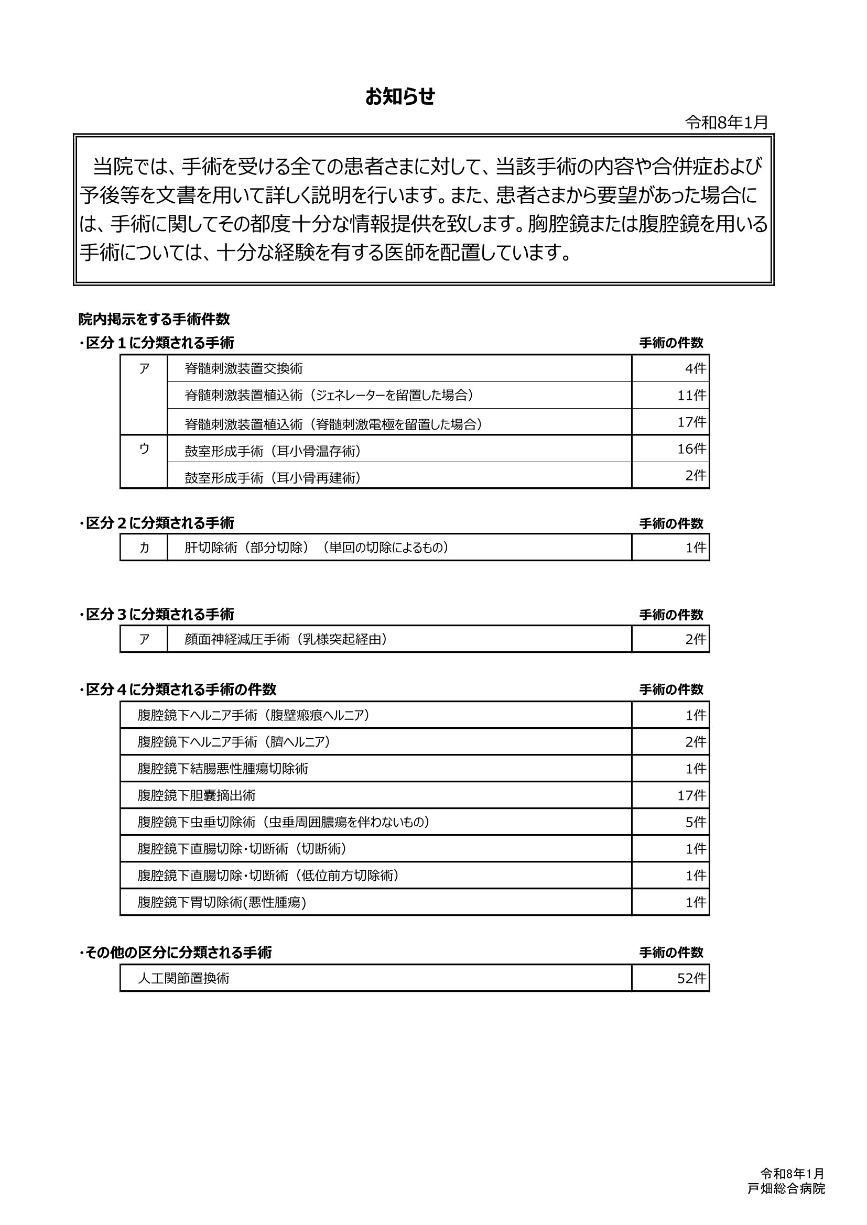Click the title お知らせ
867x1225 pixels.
point(400,97)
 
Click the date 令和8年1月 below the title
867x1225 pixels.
point(727,123)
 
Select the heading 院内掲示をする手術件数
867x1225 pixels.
point(154,320)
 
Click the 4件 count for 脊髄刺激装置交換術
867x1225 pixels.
point(696,369)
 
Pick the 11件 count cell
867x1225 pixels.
point(692,396)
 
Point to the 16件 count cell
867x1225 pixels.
point(692,449)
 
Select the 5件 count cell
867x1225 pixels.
point(696,822)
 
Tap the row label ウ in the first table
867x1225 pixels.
point(144,450)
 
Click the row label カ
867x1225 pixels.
point(144,548)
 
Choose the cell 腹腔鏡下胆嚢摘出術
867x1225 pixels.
point(197,795)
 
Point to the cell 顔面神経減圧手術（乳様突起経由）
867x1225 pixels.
point(286,639)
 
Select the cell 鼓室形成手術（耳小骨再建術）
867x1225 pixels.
point(273,477)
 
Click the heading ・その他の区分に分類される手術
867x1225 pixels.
point(176,953)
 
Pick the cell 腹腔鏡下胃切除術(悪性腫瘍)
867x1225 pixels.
point(222,902)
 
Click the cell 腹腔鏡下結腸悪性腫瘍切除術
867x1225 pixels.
point(223,769)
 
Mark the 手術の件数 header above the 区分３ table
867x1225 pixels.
point(671,615)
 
